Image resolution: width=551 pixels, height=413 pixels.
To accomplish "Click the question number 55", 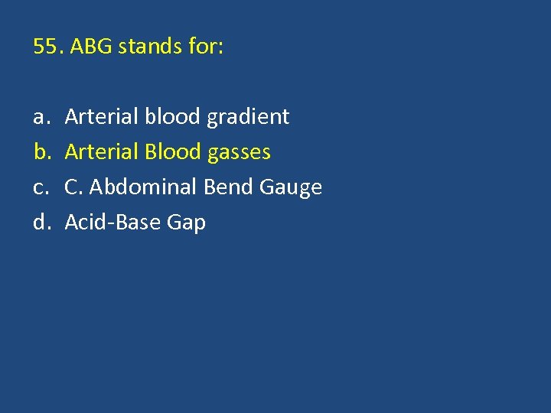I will [x=49, y=47].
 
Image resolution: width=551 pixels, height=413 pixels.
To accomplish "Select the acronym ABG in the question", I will [x=90, y=47].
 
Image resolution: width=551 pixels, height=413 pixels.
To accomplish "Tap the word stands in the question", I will [x=144, y=47].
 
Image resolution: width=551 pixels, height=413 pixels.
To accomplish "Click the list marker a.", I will [x=39, y=117].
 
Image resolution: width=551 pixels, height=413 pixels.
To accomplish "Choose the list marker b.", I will [x=39, y=152].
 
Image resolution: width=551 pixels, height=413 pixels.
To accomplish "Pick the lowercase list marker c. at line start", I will [x=39, y=187].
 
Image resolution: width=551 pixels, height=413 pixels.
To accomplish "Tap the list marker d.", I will [x=40, y=223].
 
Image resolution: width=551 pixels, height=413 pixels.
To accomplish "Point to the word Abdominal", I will [x=144, y=187].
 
